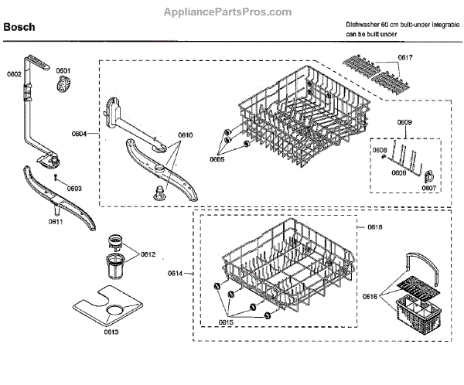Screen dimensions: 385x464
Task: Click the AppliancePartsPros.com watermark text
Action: coord(232,12)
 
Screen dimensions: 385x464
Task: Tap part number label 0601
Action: coord(63,70)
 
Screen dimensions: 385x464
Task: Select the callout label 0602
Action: coord(14,74)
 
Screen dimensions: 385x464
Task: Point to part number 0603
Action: coord(74,187)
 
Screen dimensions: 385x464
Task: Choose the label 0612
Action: coord(148,254)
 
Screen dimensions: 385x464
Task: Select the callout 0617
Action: coord(404,58)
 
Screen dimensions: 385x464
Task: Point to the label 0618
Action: coord(375,227)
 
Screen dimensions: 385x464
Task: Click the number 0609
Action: coord(404,123)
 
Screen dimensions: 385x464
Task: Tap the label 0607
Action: coord(428,188)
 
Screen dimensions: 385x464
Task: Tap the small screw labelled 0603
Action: coord(58,177)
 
